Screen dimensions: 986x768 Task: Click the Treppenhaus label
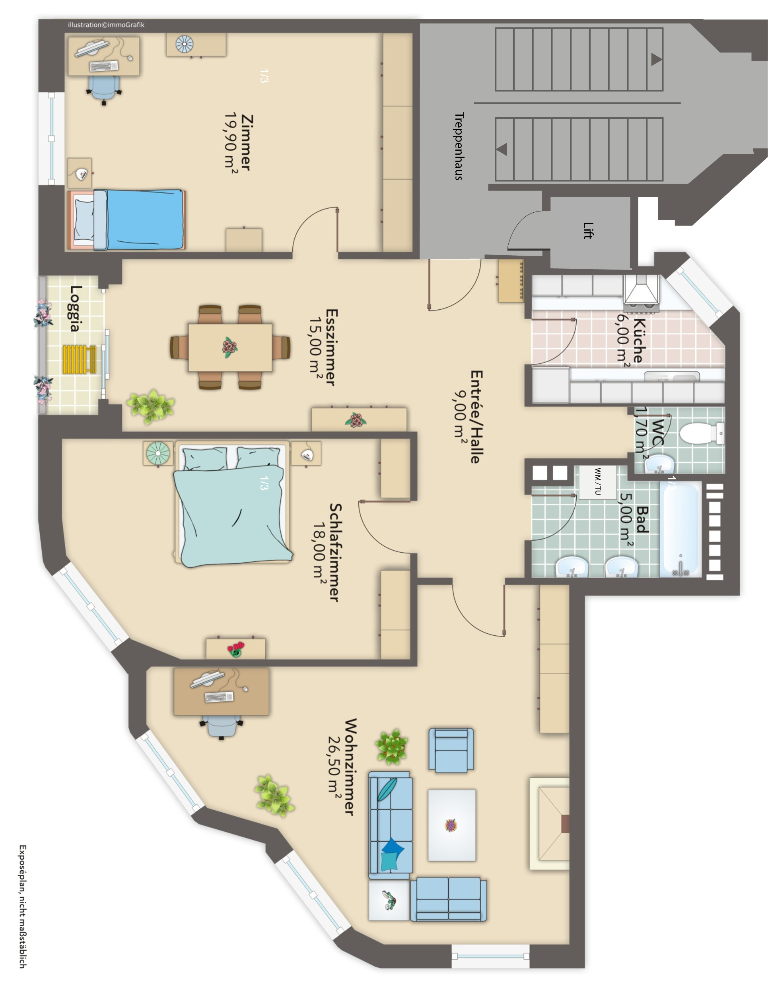coord(459,146)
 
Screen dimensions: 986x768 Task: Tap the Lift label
coord(587,231)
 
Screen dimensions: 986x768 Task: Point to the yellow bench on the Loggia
coord(80,359)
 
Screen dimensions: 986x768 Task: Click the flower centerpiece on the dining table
coord(230,347)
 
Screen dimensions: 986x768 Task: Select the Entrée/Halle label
coord(476,417)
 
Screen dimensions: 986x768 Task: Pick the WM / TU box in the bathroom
coord(598,482)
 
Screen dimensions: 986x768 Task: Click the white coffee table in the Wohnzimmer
coord(451,825)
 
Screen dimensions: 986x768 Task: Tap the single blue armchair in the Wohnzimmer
coord(451,749)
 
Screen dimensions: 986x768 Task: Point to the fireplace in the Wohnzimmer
coord(550,823)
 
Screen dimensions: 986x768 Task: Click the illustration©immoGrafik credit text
coord(106,25)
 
